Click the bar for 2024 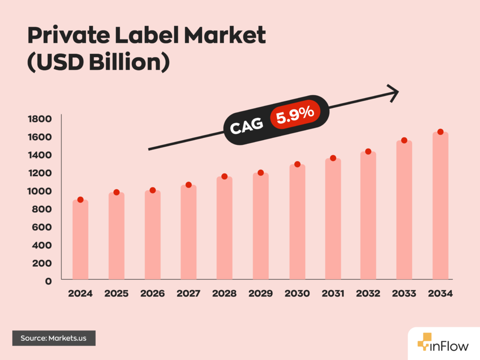pyautogui.click(x=80, y=240)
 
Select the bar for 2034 pyautogui.click(x=440, y=206)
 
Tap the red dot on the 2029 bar pyautogui.click(x=261, y=172)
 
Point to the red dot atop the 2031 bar pyautogui.click(x=333, y=158)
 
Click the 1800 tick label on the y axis pyautogui.click(x=40, y=119)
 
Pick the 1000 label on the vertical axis pyautogui.click(x=40, y=191)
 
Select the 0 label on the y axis pyautogui.click(x=48, y=281)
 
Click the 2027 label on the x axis pyautogui.click(x=188, y=294)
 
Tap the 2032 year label pyautogui.click(x=368, y=294)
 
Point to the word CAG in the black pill pyautogui.click(x=246, y=125)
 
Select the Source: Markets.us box pyautogui.click(x=54, y=338)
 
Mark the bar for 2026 pyautogui.click(x=152, y=235)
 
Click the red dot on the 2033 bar pyautogui.click(x=404, y=140)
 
